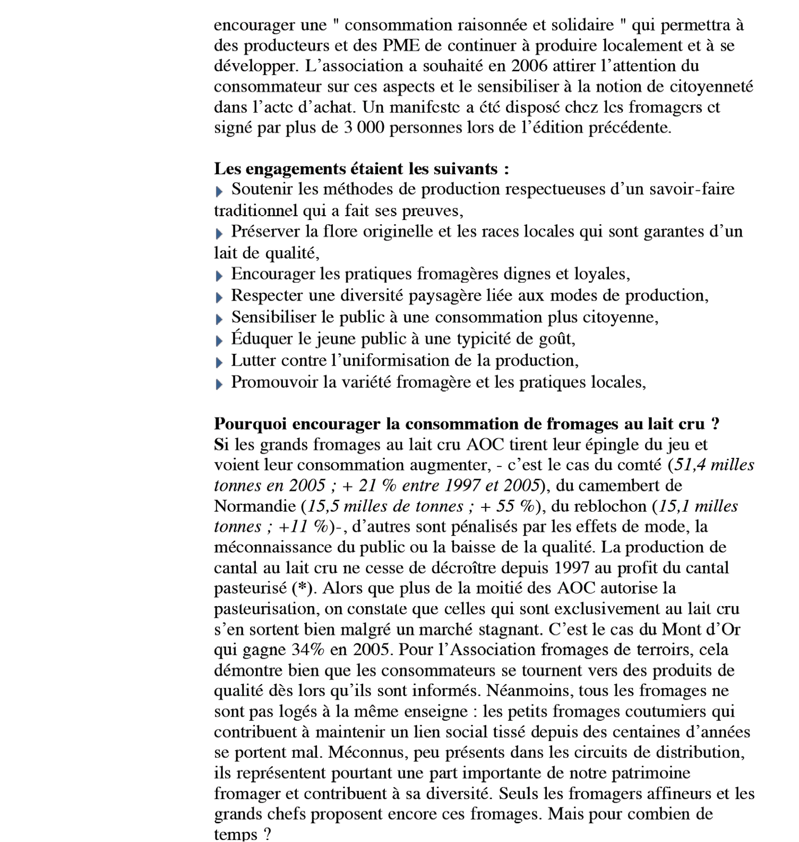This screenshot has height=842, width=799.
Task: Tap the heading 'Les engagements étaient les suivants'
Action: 362,169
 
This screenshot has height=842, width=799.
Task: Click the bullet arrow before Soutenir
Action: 219,191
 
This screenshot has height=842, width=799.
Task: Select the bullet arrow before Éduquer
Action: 219,341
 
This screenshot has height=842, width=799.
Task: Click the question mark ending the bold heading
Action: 716,424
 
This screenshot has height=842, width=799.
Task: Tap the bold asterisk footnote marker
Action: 302,589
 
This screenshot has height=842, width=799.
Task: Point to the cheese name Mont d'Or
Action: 701,630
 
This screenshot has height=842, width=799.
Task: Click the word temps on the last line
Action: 236,834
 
